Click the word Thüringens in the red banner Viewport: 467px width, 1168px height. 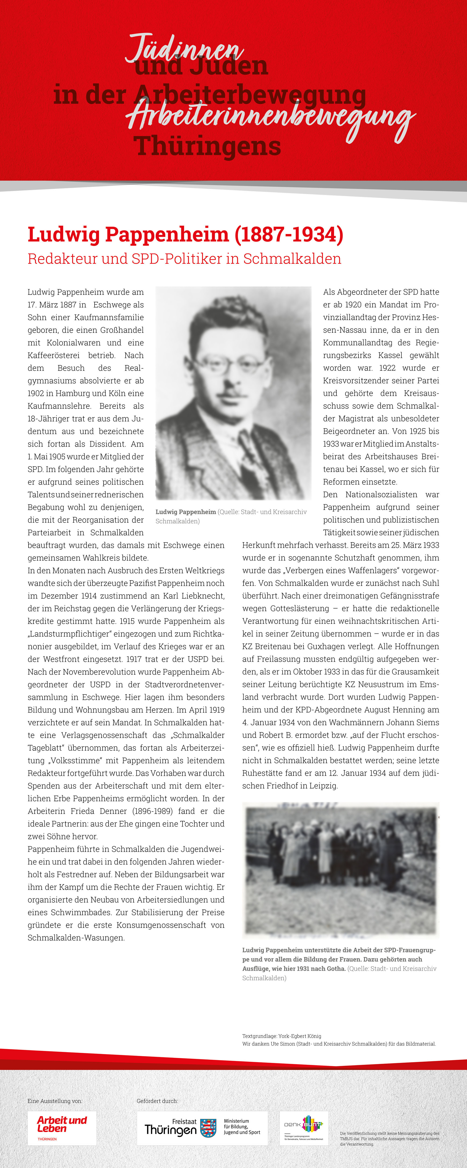coord(207,146)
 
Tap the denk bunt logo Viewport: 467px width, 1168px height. coord(304,1128)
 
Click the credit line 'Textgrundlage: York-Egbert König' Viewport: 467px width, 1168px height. coord(282,1036)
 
